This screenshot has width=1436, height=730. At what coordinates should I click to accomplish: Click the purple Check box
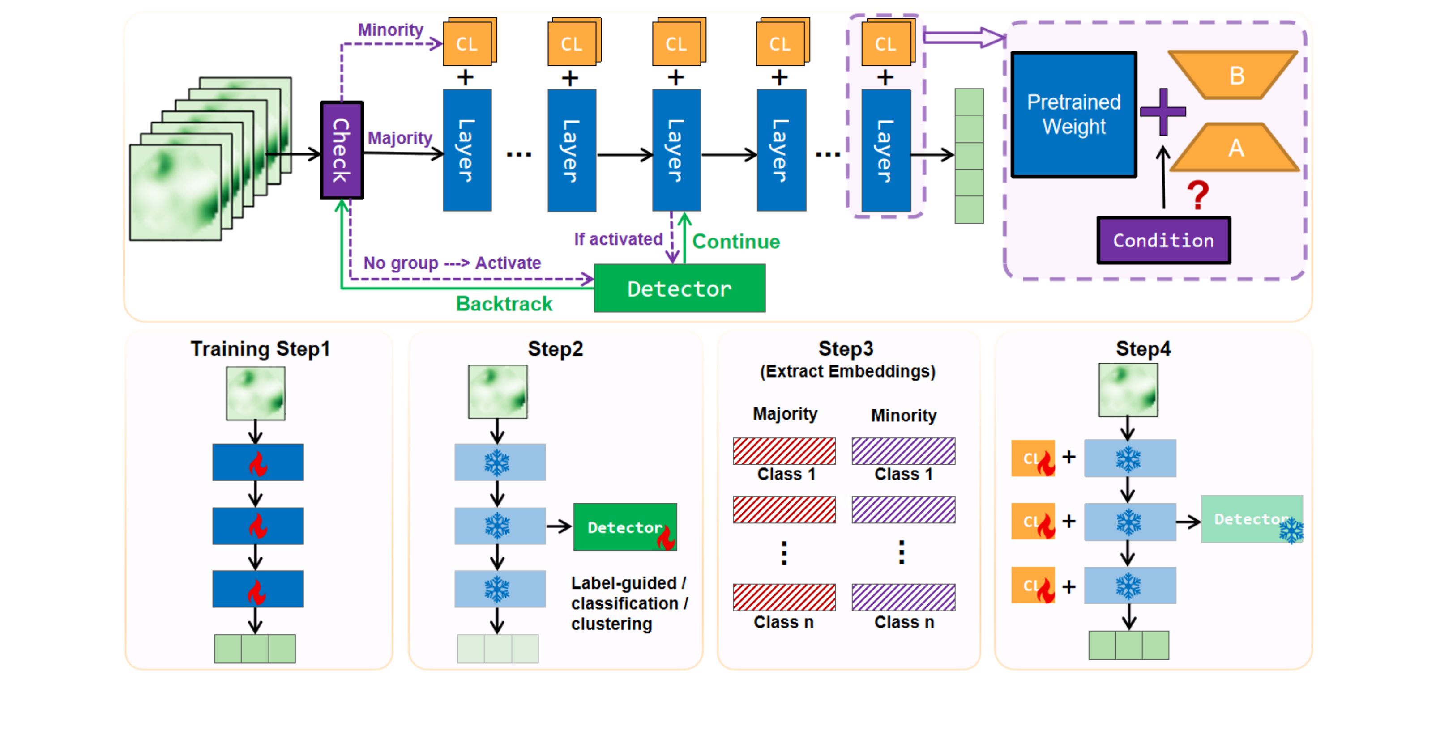[x=342, y=150]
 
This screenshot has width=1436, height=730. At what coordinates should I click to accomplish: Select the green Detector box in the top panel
[x=679, y=288]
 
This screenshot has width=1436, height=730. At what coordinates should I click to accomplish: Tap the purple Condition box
[x=1163, y=240]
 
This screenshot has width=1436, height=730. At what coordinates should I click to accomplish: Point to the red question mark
[x=1197, y=195]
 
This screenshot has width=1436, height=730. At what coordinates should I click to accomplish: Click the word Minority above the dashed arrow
[x=390, y=30]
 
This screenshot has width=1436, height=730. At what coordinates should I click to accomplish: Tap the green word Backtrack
[x=504, y=304]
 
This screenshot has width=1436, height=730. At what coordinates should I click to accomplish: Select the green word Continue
[x=736, y=241]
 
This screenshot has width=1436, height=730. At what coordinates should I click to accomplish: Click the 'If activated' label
[x=618, y=239]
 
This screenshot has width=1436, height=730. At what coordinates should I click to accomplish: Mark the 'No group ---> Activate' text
[x=452, y=263]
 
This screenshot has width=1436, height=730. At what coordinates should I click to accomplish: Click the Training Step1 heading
[x=261, y=349]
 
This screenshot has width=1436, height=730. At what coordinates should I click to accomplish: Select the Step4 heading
[x=1143, y=349]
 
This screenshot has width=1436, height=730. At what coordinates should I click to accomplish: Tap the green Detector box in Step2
[x=624, y=526]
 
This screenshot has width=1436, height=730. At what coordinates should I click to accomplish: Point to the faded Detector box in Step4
[x=1252, y=519]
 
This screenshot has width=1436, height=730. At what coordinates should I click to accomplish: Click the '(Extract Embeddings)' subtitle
[x=847, y=371]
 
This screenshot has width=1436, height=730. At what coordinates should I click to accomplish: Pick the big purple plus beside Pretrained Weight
[x=1162, y=111]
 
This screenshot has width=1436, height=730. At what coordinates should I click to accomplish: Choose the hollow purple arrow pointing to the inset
[x=964, y=37]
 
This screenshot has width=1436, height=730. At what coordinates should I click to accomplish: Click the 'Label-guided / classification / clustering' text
[x=629, y=603]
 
